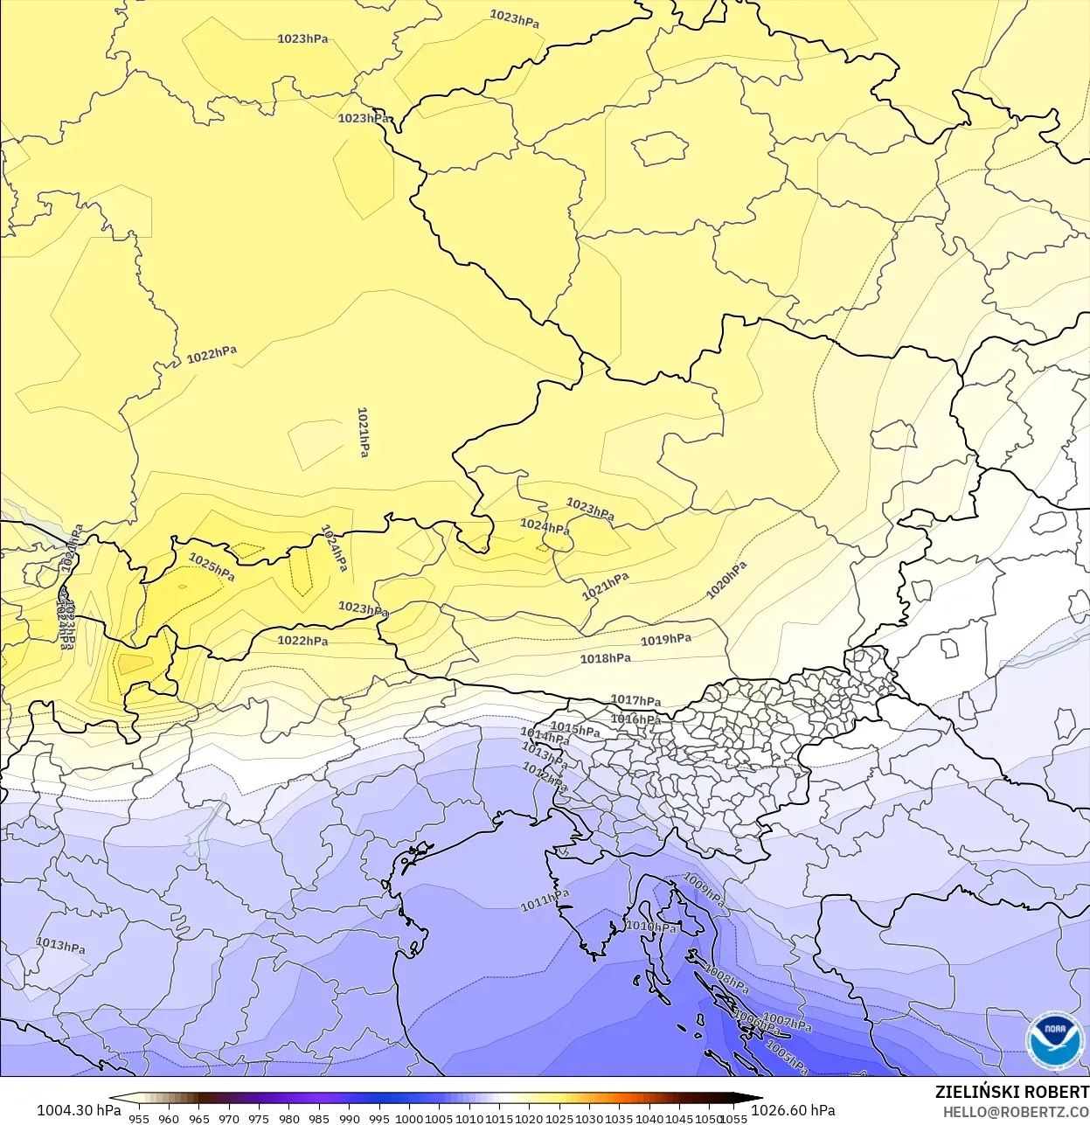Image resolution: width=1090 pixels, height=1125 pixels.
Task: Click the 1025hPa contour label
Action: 212,567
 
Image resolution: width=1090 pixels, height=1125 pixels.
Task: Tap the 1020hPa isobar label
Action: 726,580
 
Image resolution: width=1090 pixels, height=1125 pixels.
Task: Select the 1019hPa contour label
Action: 666,640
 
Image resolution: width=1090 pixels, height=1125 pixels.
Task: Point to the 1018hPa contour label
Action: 606,658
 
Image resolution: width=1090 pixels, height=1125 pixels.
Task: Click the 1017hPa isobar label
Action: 635,700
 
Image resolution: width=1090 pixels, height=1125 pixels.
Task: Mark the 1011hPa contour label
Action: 545,900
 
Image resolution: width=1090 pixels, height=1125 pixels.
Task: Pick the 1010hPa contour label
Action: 651,927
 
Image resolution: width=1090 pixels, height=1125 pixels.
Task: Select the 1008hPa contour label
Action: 726,978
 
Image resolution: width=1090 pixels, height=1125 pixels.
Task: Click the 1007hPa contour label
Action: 788,1021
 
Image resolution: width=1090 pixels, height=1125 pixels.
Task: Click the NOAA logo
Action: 1054,1040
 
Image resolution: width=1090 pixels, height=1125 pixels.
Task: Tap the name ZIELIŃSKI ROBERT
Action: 1011,1092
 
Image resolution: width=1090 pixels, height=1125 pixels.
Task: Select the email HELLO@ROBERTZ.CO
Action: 1016,1112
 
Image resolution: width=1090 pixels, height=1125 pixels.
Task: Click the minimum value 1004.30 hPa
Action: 79,1110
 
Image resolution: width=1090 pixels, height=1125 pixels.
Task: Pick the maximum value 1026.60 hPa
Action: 793,1110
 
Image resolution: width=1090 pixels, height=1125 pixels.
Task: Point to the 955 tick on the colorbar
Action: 139,1118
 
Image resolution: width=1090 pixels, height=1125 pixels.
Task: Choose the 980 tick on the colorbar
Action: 289,1118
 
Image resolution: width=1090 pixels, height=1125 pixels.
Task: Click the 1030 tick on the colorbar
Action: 589,1118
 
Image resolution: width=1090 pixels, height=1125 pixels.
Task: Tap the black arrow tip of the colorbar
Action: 757,1099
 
